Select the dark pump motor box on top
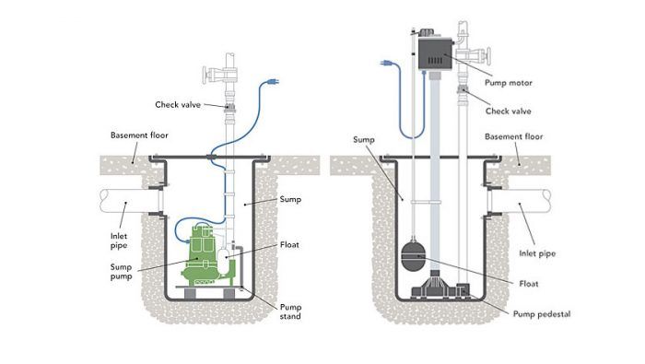click(x=433, y=51)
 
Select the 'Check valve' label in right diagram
click(x=508, y=112)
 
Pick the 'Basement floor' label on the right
click(x=515, y=137)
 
